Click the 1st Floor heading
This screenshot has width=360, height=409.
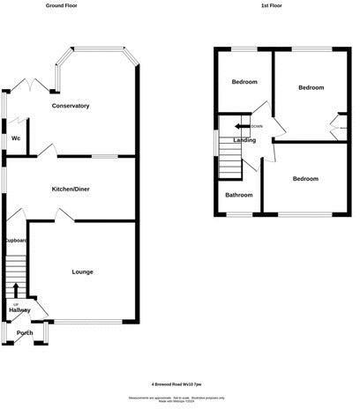click(272, 6)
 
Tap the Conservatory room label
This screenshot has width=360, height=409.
click(71, 106)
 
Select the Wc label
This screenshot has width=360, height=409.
click(16, 138)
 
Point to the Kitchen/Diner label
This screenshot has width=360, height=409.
click(71, 189)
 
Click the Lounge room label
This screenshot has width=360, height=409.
click(83, 271)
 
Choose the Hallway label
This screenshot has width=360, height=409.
click(19, 309)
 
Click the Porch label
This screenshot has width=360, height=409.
click(24, 333)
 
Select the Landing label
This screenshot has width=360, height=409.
click(244, 140)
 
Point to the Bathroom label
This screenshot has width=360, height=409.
click(238, 195)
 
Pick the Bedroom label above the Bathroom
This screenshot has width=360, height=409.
click(244, 82)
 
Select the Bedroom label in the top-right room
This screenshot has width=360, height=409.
click(311, 88)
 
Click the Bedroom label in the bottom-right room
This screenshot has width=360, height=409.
click(306, 179)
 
